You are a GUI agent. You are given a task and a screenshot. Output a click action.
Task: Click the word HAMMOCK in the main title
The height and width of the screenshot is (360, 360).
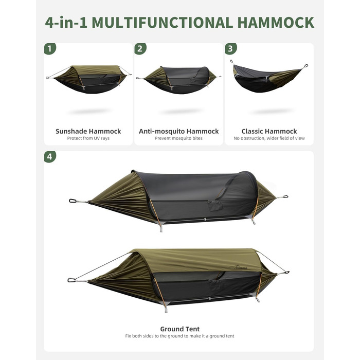[276, 23]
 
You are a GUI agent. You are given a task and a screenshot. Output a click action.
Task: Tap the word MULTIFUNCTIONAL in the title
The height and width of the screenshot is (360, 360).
[163, 23]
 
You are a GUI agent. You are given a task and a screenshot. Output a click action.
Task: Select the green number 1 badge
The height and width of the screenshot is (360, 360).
[50, 49]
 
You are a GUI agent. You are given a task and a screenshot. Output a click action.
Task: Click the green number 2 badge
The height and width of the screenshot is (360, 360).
[140, 49]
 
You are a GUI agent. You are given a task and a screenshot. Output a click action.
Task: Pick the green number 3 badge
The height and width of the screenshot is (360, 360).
[231, 49]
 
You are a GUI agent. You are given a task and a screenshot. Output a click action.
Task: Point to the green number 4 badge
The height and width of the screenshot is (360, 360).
[50, 156]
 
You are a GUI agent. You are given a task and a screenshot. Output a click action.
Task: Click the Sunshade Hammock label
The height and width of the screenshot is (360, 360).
[88, 131]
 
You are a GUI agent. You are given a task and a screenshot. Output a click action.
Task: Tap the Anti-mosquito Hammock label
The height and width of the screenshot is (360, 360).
[178, 131]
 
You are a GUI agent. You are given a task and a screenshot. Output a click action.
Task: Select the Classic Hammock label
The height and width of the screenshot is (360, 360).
[269, 131]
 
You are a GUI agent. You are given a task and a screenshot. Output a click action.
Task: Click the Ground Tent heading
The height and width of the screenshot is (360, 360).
[180, 329]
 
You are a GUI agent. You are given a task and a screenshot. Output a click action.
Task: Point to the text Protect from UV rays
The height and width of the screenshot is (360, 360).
[88, 138]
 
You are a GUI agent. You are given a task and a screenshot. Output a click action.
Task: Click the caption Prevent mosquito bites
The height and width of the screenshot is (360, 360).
[178, 138]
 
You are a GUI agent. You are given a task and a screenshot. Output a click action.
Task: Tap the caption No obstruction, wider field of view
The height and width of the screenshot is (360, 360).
[269, 138]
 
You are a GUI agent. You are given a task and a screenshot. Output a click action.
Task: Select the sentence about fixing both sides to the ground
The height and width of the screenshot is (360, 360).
[180, 336]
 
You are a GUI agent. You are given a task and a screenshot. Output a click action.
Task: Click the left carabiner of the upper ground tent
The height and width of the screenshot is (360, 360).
[73, 201]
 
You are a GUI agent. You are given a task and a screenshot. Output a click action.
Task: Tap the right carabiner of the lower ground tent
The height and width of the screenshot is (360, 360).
[286, 273]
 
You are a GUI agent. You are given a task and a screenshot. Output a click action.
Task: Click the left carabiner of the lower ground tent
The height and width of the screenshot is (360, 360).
[71, 280]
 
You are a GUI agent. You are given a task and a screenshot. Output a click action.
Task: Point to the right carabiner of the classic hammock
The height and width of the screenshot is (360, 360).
[305, 66]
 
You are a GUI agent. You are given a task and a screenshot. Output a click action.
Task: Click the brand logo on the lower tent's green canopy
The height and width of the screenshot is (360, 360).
[240, 267]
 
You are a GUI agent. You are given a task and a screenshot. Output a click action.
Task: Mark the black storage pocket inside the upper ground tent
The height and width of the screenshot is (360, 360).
[215, 205]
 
